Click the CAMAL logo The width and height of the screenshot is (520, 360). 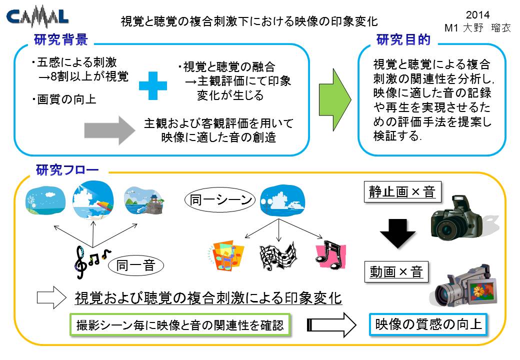pos(37,16)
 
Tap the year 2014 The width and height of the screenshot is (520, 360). pos(477,15)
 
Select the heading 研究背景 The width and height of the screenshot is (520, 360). pos(61,40)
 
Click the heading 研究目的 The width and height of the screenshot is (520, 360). pos(403,40)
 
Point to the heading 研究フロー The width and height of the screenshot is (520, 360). pos(67,170)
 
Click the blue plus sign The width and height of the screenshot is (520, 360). pos(153,85)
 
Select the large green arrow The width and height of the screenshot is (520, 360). pos(335,99)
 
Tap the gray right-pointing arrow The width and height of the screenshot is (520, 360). pos(110,130)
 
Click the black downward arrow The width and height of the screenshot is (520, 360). pos(397,233)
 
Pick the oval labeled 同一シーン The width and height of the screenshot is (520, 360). pos(220,200)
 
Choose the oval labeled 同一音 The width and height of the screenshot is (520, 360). pos(136,265)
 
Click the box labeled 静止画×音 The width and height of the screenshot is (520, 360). pos(402,191)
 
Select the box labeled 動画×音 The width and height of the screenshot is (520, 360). pos(396,272)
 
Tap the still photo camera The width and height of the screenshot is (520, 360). pos(461,218)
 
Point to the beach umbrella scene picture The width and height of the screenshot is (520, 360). pos(93,200)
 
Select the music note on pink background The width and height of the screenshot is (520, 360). pos(330,255)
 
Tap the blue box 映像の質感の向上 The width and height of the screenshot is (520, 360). pos(428,324)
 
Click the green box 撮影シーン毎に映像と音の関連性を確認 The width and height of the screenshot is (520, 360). pos(180,325)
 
